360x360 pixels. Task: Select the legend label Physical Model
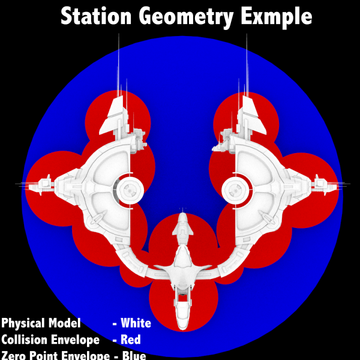[41, 323]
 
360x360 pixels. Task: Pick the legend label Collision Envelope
[50, 340]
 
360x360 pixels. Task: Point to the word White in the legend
[136, 323]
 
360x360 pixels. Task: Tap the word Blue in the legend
[133, 355]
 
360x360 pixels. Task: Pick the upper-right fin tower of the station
[249, 116]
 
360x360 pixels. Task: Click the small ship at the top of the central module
[182, 226]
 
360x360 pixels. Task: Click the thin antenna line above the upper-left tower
[119, 60]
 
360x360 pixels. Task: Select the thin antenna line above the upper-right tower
[247, 60]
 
